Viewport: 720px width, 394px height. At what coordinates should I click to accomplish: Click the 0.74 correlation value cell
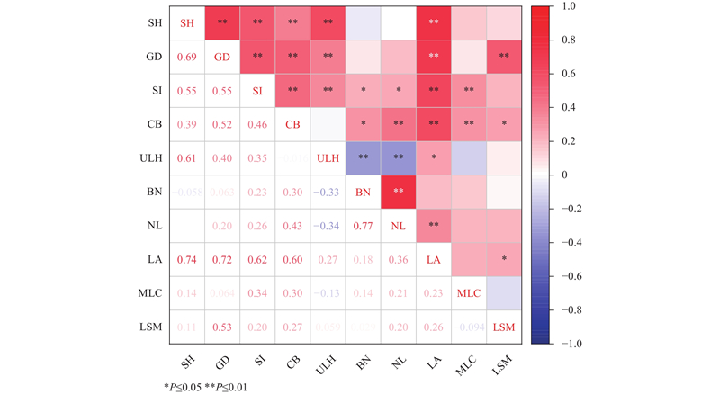187,259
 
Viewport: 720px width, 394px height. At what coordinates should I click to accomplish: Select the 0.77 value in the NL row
363,225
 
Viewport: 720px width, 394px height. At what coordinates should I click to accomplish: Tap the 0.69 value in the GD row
187,57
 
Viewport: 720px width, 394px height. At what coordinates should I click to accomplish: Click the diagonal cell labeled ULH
328,157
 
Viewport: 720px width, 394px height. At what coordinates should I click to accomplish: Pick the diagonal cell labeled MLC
468,292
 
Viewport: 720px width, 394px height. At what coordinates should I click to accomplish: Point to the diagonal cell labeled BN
363,192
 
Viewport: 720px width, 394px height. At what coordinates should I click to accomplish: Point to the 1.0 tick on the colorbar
567,7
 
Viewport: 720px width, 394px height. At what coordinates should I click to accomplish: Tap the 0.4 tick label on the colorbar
567,108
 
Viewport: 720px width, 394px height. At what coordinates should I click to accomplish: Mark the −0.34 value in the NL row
328,225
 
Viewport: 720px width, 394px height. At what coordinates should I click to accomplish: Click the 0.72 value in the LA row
222,259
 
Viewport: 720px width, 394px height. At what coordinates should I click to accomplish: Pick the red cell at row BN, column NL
398,192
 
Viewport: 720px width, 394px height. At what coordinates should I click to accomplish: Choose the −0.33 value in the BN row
328,192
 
